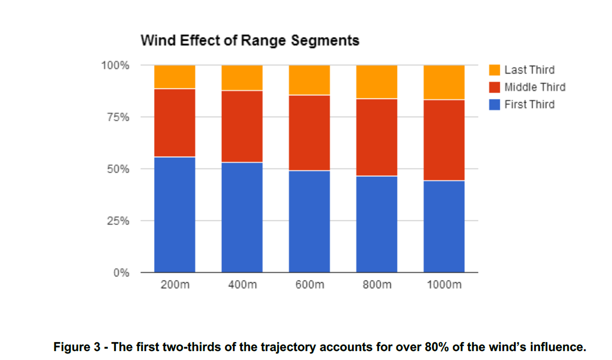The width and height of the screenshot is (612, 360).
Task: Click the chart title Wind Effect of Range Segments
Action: tap(249, 40)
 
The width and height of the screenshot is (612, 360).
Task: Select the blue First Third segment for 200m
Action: tap(175, 214)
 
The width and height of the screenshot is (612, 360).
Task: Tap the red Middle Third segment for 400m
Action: tap(242, 127)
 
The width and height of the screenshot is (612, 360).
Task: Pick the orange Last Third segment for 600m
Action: tap(309, 80)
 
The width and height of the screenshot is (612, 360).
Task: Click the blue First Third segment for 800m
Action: tap(376, 224)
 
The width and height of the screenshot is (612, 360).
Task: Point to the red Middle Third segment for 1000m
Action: tap(444, 140)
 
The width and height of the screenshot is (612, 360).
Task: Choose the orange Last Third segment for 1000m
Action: tap(444, 82)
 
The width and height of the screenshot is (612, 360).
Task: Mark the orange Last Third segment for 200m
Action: tap(175, 77)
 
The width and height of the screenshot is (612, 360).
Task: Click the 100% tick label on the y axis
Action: tap(115, 66)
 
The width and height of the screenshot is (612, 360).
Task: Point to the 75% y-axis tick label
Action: tap(118, 118)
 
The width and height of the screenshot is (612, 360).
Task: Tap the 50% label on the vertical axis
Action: tap(118, 169)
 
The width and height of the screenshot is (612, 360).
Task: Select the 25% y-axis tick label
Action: tap(118, 221)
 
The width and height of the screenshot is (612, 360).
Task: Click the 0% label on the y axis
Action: tap(121, 273)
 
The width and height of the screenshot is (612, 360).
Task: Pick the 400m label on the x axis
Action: tap(242, 285)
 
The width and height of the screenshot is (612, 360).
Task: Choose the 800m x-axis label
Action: tap(376, 285)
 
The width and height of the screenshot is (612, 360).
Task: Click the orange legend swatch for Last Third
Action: tap(494, 70)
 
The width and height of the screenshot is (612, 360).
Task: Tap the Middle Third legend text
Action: tap(535, 87)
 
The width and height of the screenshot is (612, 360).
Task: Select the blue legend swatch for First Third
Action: tap(494, 105)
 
